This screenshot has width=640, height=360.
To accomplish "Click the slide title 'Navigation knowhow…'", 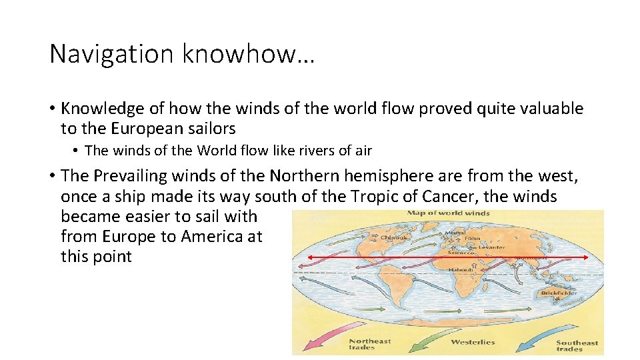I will (182, 54).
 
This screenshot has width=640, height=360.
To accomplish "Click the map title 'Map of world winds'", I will (448, 213).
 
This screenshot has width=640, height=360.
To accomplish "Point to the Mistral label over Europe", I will (455, 233).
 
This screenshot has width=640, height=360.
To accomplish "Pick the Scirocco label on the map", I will (461, 253).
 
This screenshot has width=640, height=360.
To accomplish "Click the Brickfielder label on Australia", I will (558, 293).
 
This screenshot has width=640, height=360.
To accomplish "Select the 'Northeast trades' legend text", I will (370, 344).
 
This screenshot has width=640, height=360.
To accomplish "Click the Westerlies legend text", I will (473, 342).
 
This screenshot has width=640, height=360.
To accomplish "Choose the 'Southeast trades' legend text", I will (577, 346).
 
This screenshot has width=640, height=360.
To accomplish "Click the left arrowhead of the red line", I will (310, 257).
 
